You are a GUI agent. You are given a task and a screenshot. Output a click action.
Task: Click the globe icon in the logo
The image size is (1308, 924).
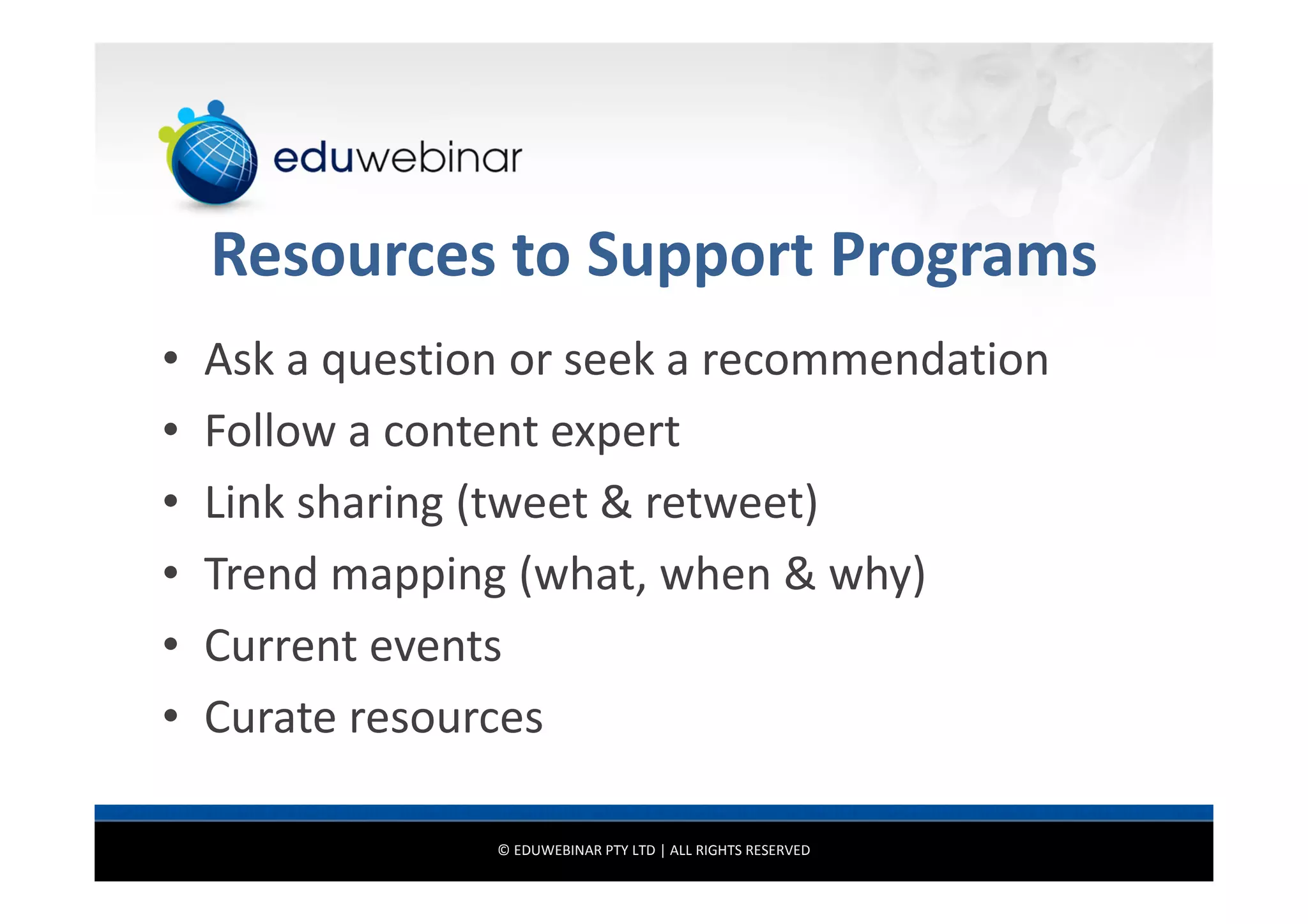click(213, 160)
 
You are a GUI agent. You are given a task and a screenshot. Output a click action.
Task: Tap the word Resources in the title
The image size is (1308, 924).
click(353, 255)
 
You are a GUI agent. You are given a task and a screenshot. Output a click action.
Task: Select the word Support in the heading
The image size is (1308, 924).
click(699, 255)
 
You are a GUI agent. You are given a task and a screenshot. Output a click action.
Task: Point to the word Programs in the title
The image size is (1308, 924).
click(963, 255)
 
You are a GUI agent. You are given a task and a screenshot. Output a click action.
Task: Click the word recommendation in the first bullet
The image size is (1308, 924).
click(875, 360)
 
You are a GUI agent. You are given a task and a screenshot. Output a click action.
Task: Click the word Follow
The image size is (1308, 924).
click(270, 431)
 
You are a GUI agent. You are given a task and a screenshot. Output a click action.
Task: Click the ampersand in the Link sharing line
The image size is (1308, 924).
click(616, 503)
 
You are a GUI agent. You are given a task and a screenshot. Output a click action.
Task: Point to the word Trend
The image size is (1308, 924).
click(261, 574)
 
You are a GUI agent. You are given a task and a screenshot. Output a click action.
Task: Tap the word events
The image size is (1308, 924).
click(436, 646)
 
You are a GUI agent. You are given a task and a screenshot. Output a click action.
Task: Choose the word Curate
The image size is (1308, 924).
click(270, 718)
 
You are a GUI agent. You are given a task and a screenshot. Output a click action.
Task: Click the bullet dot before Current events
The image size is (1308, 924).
click(170, 645)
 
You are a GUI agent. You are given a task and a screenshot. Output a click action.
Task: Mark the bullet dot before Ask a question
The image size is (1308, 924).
click(170, 359)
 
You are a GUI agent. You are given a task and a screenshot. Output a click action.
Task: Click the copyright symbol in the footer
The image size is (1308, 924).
click(503, 851)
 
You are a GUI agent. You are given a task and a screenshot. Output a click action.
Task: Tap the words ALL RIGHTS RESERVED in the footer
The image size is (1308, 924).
click(740, 851)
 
